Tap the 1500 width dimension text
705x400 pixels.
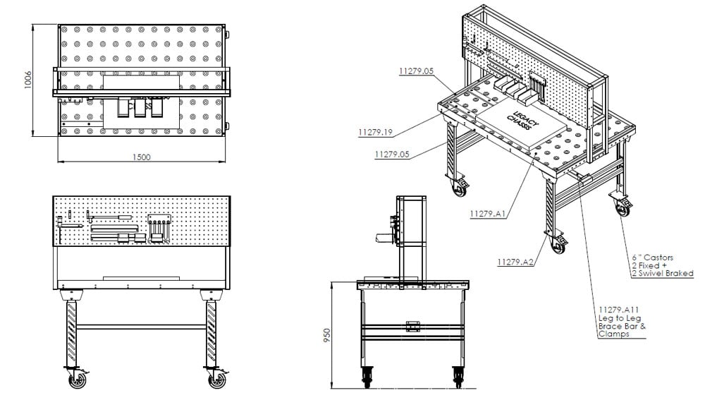click(141, 157)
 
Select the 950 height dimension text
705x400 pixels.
click(326, 335)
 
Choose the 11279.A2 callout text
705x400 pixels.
click(515, 262)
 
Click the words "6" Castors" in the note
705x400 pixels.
click(649, 257)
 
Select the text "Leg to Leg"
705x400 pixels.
click(617, 318)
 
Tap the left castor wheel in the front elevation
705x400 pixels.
click(77, 380)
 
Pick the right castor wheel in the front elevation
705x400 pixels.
click(216, 380)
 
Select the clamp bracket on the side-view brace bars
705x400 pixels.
click(412, 327)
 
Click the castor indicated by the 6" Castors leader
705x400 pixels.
click(622, 208)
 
